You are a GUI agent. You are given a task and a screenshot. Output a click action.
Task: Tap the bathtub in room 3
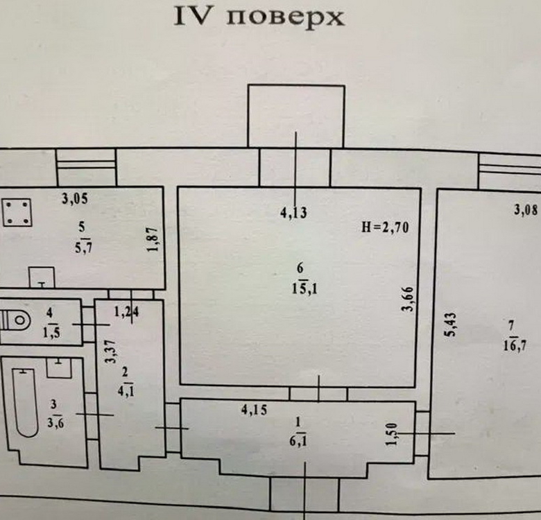point(25,402)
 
